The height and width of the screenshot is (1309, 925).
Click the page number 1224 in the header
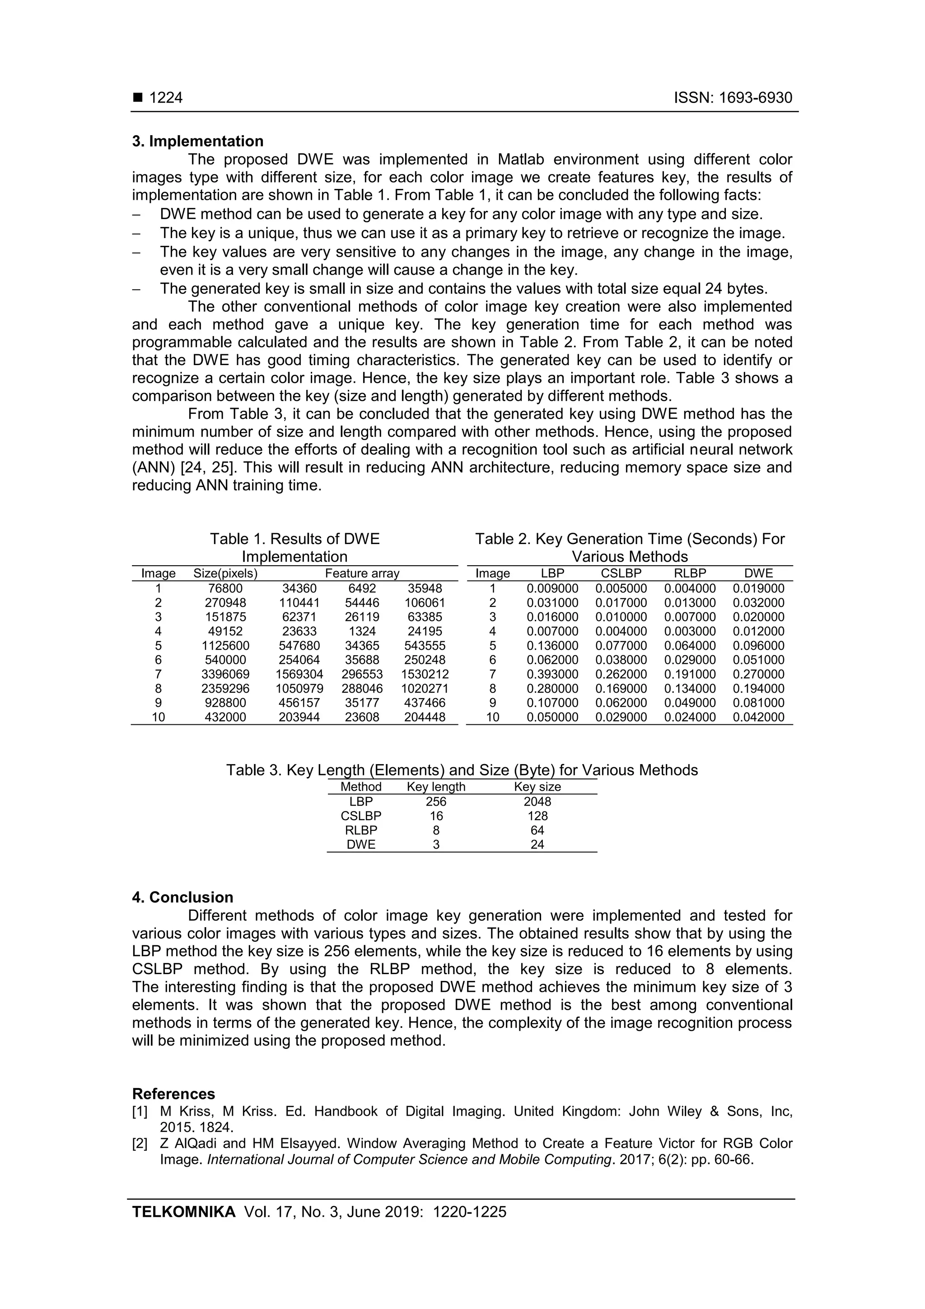click(x=165, y=98)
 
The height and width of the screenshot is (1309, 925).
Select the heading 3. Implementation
click(x=198, y=141)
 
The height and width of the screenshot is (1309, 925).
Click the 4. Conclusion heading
click(x=182, y=897)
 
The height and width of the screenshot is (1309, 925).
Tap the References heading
click(x=173, y=1093)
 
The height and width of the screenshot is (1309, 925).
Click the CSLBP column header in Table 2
click(x=621, y=573)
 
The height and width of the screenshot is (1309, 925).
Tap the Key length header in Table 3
click(x=436, y=787)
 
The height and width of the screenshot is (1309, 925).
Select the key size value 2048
click(x=537, y=802)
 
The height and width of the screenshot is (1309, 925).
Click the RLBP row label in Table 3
click(x=361, y=830)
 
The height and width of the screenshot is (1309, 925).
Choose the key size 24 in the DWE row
click(x=537, y=845)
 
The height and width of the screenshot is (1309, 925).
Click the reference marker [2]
click(x=140, y=1144)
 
